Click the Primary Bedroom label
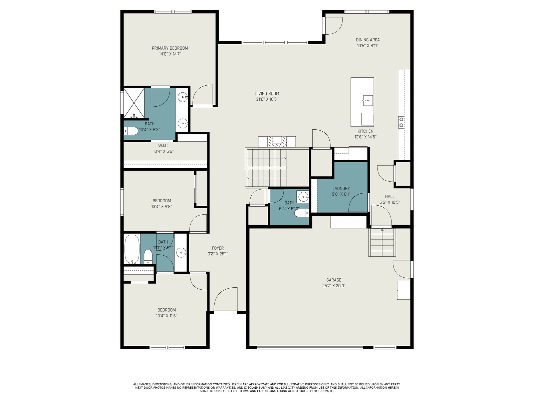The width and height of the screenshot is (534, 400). point(170,48)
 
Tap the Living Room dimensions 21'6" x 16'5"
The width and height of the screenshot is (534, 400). point(267,99)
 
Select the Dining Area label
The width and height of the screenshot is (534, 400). point(367,40)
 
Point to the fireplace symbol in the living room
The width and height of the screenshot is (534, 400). point(277,142)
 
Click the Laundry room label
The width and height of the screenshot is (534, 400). point(341,188)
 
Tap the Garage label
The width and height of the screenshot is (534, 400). point(334,280)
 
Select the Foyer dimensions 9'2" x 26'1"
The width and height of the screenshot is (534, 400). point(218,254)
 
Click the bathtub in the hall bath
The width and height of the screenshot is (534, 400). point(132,249)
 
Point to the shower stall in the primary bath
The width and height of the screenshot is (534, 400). point(134,103)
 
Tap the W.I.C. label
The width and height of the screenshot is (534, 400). point(163,145)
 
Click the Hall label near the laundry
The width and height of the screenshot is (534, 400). point(390,196)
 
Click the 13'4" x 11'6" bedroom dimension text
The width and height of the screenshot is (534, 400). point(167,316)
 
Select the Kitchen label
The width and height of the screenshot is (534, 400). point(365,131)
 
